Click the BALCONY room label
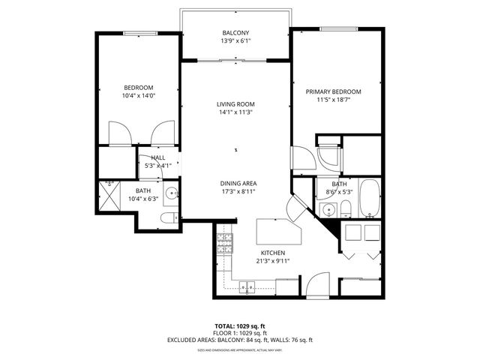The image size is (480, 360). [x=235, y=32]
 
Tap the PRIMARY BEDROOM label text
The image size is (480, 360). [x=333, y=91]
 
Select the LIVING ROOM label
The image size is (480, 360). [x=235, y=103]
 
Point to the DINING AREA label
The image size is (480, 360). [x=238, y=184]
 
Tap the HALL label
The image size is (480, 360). [x=157, y=157]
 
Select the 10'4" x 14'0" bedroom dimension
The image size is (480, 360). [x=138, y=95]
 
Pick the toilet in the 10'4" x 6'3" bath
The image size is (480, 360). [x=169, y=217]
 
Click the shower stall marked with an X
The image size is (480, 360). [x=109, y=194]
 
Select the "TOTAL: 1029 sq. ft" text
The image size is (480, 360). [x=239, y=326]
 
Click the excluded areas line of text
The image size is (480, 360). [x=239, y=340]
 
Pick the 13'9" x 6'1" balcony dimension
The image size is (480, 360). [x=235, y=40]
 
